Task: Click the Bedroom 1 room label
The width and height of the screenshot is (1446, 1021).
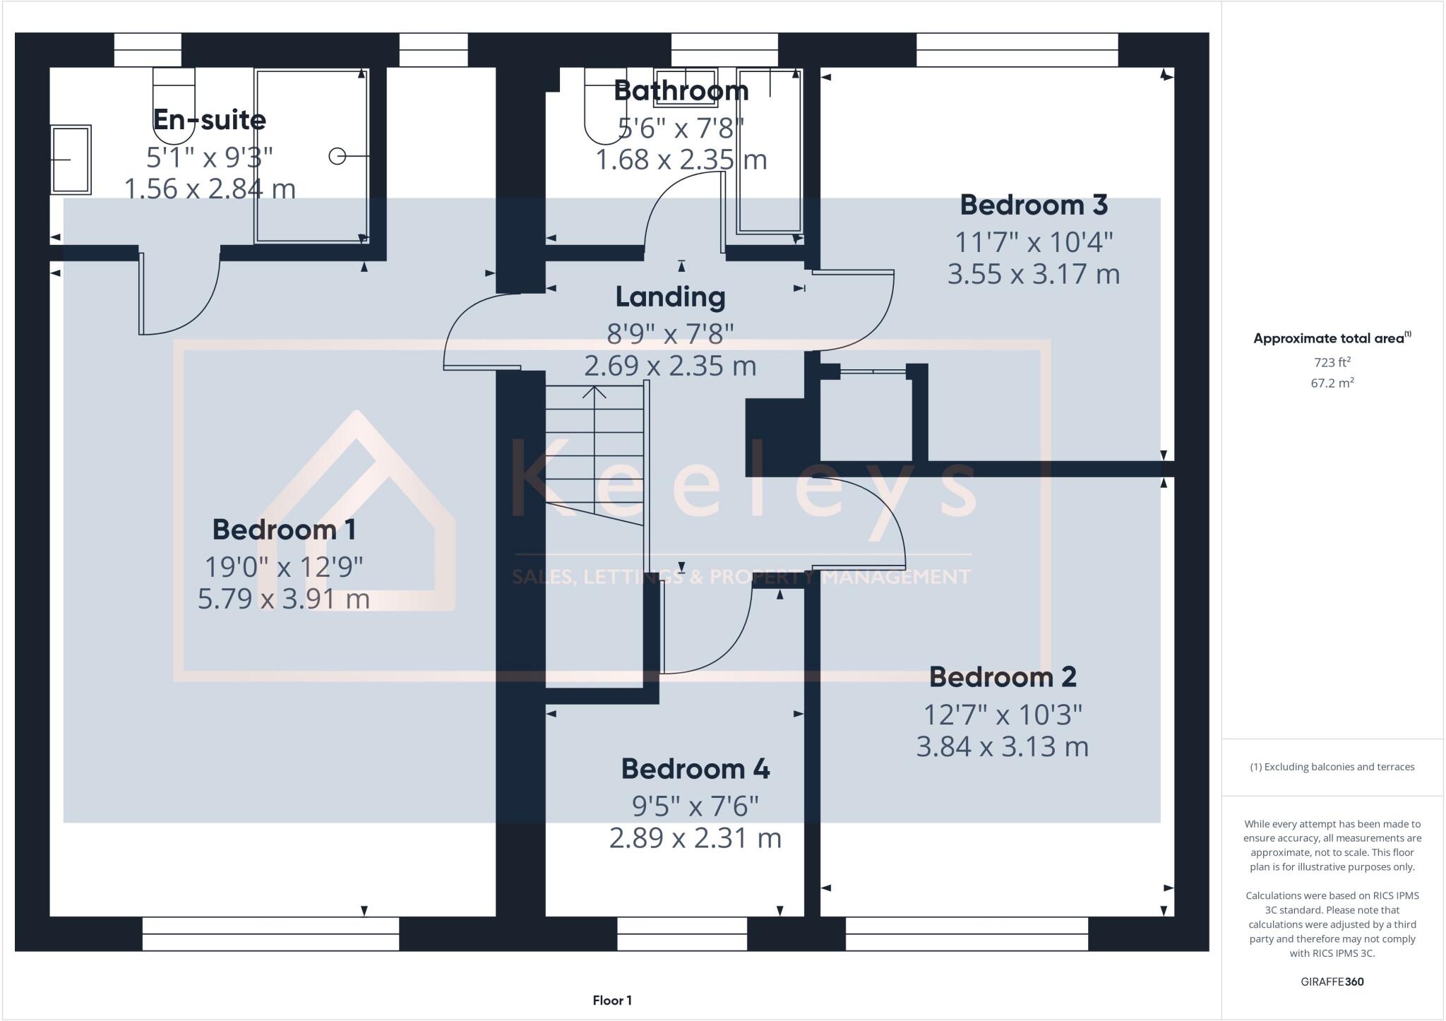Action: coord(284,530)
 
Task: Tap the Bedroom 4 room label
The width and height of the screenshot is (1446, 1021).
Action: coord(695,769)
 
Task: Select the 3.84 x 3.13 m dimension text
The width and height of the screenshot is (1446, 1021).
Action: coord(1002,746)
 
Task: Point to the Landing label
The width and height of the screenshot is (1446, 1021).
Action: coord(670,297)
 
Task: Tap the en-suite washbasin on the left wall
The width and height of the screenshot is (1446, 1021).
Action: coord(71,160)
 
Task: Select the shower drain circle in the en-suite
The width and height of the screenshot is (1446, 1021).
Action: coord(337,156)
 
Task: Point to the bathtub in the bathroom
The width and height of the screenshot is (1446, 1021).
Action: coord(769,152)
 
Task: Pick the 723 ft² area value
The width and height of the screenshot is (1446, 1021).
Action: coord(1332,362)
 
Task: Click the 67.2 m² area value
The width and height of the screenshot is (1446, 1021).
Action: coord(1332,383)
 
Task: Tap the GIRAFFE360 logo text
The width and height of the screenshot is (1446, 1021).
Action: coord(1332,981)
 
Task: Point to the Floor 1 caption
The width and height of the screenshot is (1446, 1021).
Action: coord(612,1001)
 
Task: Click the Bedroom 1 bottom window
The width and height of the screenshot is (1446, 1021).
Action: coord(270,933)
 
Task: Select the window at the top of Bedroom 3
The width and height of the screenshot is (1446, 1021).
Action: coord(1017,49)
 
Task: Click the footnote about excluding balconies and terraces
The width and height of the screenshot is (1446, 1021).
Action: coord(1332,767)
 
